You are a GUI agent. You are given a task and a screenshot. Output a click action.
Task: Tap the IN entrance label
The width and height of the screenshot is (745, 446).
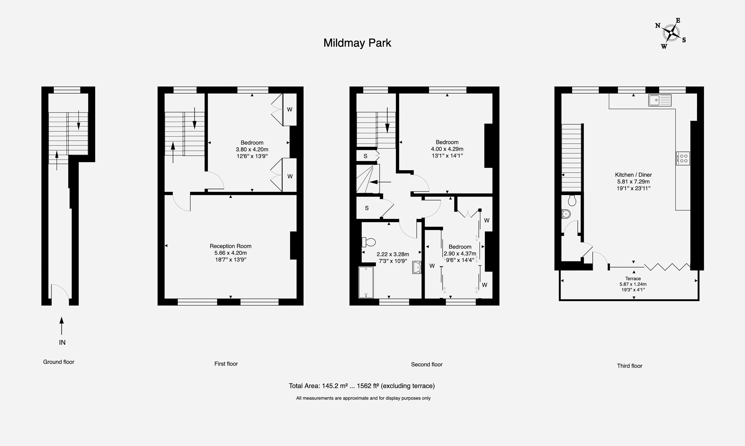click(x=62, y=342)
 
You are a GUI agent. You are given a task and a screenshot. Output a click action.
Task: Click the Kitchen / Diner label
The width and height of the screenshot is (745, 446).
click(x=633, y=175)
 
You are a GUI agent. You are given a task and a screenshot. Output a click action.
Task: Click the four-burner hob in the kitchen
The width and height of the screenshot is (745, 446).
click(x=683, y=158)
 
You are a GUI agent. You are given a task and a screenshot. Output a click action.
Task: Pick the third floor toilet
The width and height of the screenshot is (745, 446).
click(x=572, y=200)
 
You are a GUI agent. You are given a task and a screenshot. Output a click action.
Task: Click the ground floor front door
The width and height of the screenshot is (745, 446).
click(x=60, y=292)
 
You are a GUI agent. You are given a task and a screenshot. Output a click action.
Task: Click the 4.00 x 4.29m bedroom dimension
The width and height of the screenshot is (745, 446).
click(x=447, y=149)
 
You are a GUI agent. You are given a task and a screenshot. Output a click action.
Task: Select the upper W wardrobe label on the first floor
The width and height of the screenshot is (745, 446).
click(x=290, y=109)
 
